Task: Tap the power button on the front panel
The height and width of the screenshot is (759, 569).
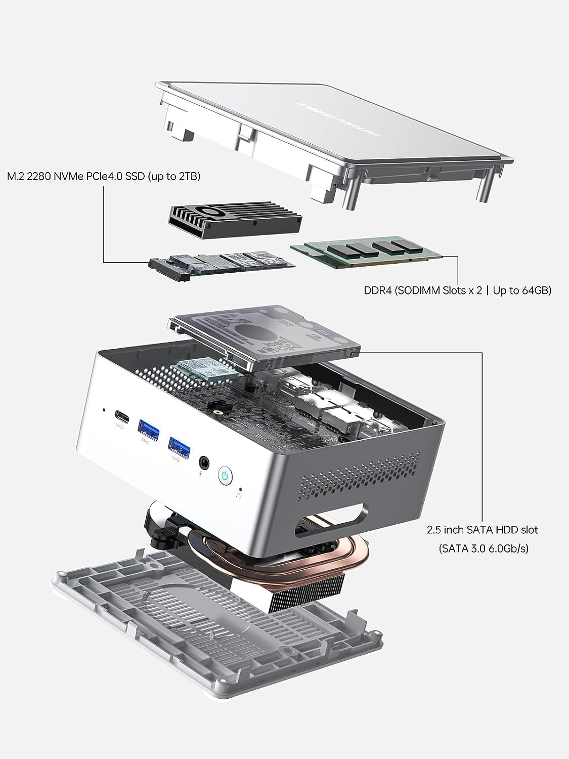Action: click(226, 475)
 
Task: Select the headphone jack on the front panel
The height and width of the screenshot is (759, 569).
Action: click(204, 462)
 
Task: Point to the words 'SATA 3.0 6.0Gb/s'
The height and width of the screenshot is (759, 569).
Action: click(484, 548)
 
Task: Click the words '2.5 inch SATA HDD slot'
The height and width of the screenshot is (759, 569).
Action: click(482, 530)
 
